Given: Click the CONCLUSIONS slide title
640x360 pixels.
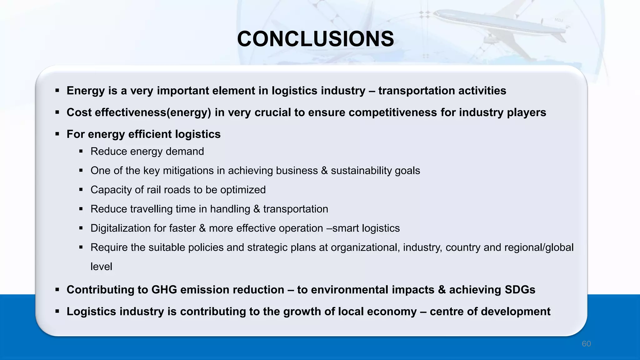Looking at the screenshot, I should coord(315,39).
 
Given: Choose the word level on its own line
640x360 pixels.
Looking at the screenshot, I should coord(101,267).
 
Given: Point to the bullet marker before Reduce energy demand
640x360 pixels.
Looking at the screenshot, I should coord(81,152).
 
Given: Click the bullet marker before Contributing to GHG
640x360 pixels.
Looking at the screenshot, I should coord(57,290).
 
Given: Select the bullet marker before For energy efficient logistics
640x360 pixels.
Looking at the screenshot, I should coord(57,134).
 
